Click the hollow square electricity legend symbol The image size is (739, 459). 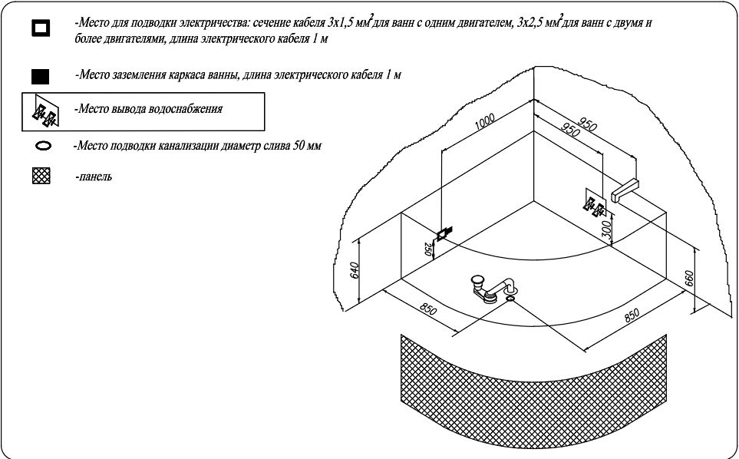[x=41, y=28]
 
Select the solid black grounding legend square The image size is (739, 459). [x=40, y=76]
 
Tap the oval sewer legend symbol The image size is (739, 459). [x=43, y=146]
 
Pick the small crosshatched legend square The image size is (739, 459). [x=41, y=176]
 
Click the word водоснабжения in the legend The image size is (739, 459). [x=185, y=109]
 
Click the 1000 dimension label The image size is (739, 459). [x=484, y=121]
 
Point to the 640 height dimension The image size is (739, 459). [x=355, y=269]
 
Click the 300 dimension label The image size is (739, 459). [x=606, y=229]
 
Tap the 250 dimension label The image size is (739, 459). [x=428, y=249]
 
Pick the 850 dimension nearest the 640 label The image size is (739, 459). [x=428, y=309]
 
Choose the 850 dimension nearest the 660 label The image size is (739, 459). [x=632, y=315]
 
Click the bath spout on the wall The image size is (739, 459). [x=625, y=190]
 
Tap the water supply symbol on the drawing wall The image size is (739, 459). [x=594, y=203]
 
